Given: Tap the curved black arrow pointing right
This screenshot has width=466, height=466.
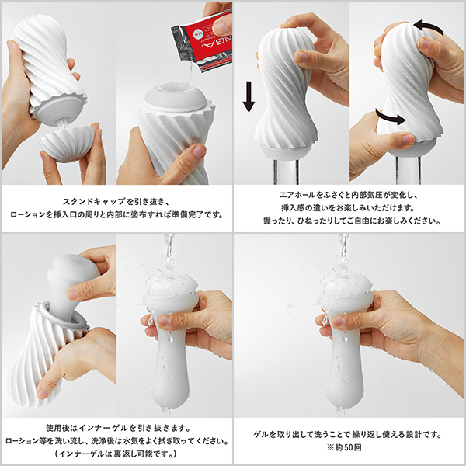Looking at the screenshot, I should tap(391, 120).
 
